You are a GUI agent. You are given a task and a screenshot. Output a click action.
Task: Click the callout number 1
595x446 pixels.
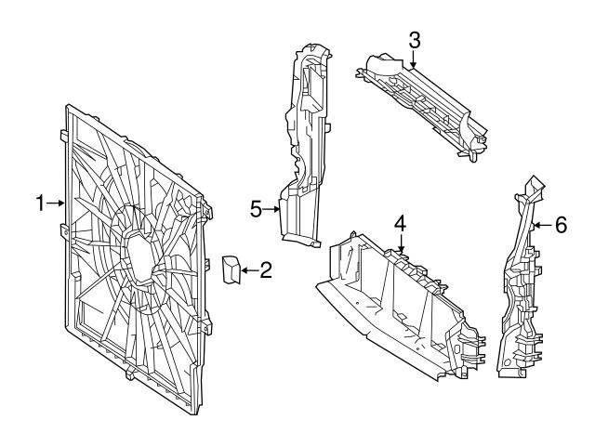click(41, 203)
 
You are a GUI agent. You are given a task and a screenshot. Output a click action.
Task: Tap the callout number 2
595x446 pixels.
click(265, 271)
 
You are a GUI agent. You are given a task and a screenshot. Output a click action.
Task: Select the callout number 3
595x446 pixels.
click(415, 39)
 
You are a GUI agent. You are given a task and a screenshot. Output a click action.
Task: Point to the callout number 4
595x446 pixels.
click(400, 223)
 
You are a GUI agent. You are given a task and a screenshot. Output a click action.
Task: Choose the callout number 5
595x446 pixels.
click(257, 209)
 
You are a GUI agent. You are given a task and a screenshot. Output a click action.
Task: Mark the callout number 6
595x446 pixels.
click(560, 224)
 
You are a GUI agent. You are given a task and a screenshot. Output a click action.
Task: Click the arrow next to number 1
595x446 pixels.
click(56, 203)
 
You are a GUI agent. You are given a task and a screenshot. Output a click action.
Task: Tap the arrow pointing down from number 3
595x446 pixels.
click(415, 59)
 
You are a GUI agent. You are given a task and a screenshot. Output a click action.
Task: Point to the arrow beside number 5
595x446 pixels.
click(272, 209)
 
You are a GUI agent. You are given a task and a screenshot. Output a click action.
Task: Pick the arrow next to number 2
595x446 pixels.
click(247, 271)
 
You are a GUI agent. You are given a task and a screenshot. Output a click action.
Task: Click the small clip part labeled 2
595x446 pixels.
click(231, 269)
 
